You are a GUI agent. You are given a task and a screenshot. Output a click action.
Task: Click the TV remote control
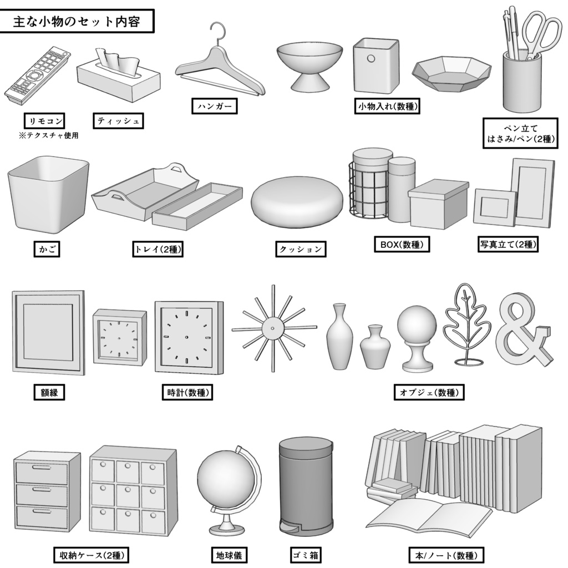click(38, 77)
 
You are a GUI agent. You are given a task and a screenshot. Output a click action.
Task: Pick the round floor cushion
click(297, 202)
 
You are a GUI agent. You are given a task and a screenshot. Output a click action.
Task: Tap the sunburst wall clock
click(273, 328)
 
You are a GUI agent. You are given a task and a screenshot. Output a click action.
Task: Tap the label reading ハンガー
click(214, 106)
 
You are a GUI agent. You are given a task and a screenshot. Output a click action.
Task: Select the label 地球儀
click(228, 555)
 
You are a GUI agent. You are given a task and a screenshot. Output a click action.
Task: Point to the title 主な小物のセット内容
click(76, 22)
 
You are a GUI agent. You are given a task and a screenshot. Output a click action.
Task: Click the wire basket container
click(369, 186)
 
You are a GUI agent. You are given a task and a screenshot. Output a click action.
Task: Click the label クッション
click(301, 249)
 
